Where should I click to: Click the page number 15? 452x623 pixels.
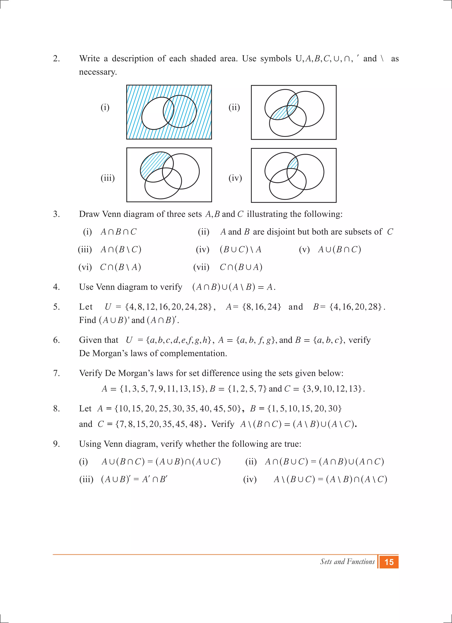coord(389,562)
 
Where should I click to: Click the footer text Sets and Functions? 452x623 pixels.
coord(347,562)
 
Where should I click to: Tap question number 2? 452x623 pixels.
coord(56,59)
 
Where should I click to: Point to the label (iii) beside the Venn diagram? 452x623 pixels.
coord(107,178)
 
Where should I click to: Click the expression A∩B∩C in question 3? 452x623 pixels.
coord(118,232)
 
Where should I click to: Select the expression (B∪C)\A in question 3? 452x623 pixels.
coord(241,249)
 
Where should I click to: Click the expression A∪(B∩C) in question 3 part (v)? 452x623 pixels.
coord(339,249)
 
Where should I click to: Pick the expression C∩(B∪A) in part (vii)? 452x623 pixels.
coord(241,267)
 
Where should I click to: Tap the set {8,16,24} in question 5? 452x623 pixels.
coord(262,307)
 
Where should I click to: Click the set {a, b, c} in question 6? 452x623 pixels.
coord(328,340)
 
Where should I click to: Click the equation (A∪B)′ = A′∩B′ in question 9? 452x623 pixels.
coord(134,479)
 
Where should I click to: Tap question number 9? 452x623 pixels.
coord(56,444)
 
